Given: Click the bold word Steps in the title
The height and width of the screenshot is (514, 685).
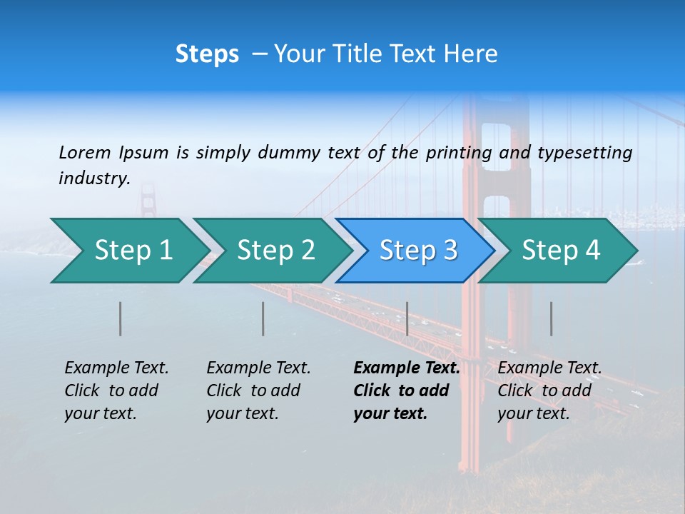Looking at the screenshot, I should [207, 54].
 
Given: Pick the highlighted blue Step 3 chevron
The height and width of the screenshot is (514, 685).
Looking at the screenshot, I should [418, 251].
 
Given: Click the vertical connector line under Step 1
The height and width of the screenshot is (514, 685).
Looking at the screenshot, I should [121, 318].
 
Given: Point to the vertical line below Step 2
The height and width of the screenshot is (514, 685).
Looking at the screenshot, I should [263, 318].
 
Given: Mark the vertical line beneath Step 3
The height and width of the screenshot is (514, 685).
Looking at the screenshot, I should [407, 318].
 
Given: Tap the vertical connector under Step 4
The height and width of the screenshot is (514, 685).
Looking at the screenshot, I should [552, 318].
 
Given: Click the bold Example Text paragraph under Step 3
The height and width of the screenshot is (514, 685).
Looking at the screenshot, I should [406, 390].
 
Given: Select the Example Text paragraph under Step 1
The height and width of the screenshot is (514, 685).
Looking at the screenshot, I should [116, 390].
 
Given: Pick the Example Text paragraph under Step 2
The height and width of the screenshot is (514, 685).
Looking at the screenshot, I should [258, 390].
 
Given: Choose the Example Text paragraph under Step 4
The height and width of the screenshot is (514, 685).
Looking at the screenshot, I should [549, 390].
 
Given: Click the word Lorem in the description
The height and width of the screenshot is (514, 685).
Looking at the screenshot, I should [85, 152].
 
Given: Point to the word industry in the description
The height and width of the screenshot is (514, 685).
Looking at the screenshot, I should [94, 178].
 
